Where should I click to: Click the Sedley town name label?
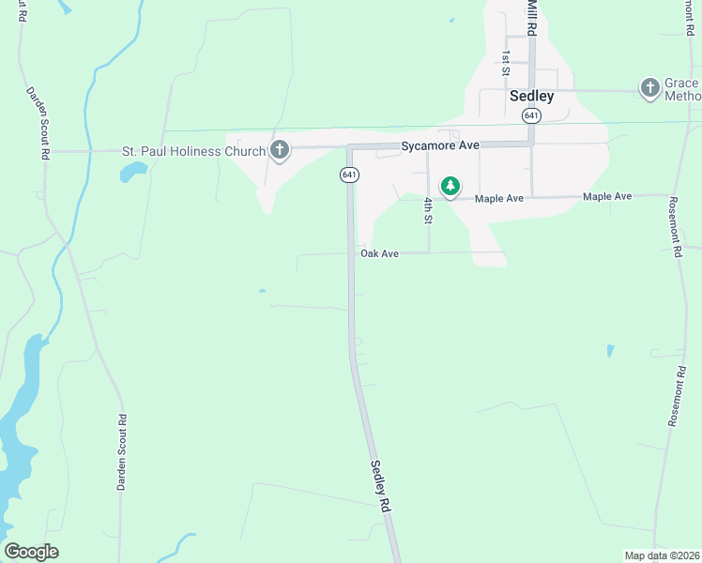click(x=531, y=96)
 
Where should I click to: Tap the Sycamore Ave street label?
click(x=440, y=146)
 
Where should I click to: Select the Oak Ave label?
click(x=380, y=253)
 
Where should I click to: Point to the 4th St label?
click(x=427, y=210)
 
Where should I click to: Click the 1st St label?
click(x=506, y=63)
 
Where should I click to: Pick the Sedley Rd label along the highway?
click(x=379, y=485)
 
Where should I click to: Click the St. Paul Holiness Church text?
click(x=184, y=151)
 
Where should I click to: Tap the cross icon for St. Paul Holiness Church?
click(x=279, y=149)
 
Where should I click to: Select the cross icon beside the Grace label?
click(x=649, y=89)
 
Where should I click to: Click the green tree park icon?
click(x=451, y=187)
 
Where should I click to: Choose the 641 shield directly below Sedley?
click(x=532, y=115)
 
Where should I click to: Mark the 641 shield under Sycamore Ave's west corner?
click(x=349, y=175)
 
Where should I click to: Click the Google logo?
click(x=31, y=552)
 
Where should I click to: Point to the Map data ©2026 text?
click(x=662, y=555)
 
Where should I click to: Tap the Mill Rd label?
click(x=532, y=16)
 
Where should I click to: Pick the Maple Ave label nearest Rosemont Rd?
click(x=607, y=197)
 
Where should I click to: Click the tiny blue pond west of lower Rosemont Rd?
click(x=610, y=351)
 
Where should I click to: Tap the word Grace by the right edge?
click(x=681, y=83)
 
